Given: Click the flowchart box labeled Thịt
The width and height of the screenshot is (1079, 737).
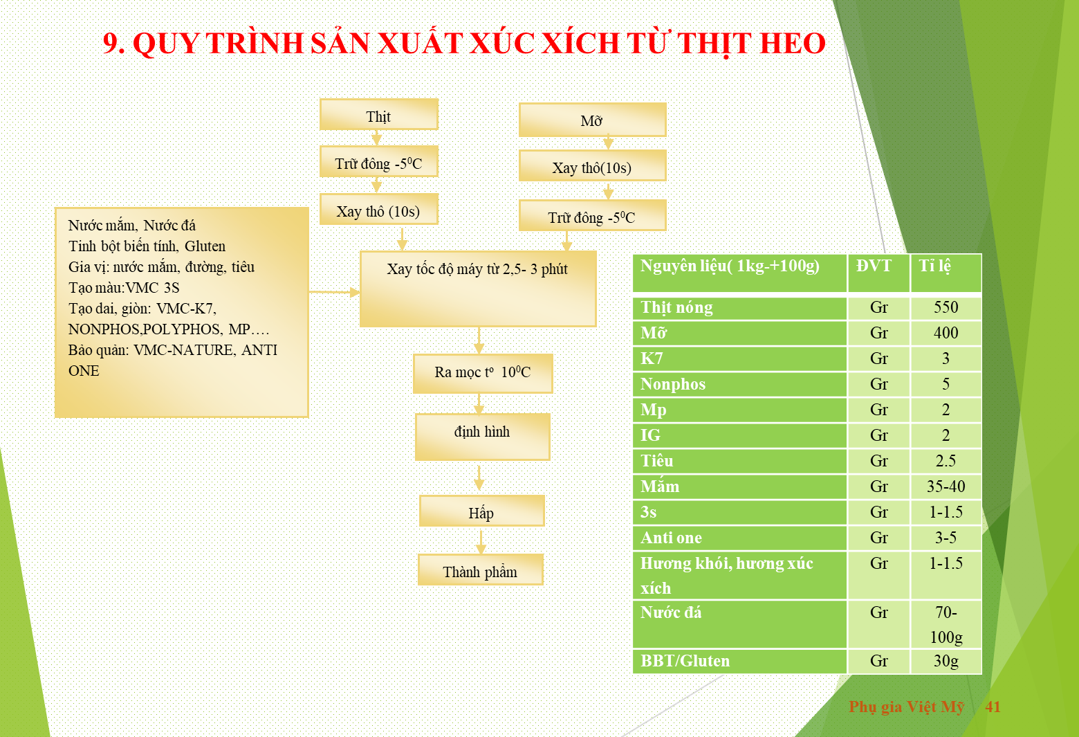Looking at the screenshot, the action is tap(378, 115).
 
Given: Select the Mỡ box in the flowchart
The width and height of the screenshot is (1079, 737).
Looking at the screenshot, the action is tap(593, 120).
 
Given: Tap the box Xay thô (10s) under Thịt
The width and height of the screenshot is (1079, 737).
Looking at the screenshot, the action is tap(378, 209).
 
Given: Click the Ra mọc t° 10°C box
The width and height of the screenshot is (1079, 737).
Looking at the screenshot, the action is tap(483, 374).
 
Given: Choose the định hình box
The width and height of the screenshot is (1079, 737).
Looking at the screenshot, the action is tap(482, 437).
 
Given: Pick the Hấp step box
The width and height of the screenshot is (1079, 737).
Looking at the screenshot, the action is tap(481, 511).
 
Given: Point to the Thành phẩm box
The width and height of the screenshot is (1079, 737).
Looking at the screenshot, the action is tap(480, 570).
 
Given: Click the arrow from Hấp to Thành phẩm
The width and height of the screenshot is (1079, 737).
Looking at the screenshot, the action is tap(481, 541).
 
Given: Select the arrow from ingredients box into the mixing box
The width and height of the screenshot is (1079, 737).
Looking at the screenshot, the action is tap(334, 292).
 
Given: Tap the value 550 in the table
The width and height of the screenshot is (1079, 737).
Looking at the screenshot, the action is tap(946, 307).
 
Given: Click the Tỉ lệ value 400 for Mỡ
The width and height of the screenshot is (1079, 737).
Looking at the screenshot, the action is tap(946, 333).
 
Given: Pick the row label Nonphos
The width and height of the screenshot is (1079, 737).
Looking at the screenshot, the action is tap(673, 384).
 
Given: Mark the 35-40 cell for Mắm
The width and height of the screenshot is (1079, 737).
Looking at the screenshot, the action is tap(946, 486).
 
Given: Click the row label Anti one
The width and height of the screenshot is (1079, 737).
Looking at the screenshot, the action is tap(671, 538).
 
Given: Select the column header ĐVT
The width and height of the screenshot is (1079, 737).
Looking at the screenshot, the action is tap(874, 266).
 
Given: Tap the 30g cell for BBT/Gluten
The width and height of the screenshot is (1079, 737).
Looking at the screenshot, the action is tap(946, 661).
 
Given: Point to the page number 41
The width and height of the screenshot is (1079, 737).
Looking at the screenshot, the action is tap(993, 707).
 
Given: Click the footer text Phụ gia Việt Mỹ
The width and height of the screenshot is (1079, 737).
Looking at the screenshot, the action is tap(907, 707).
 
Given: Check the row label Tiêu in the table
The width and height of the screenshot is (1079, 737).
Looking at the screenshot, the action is tap(657, 461).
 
